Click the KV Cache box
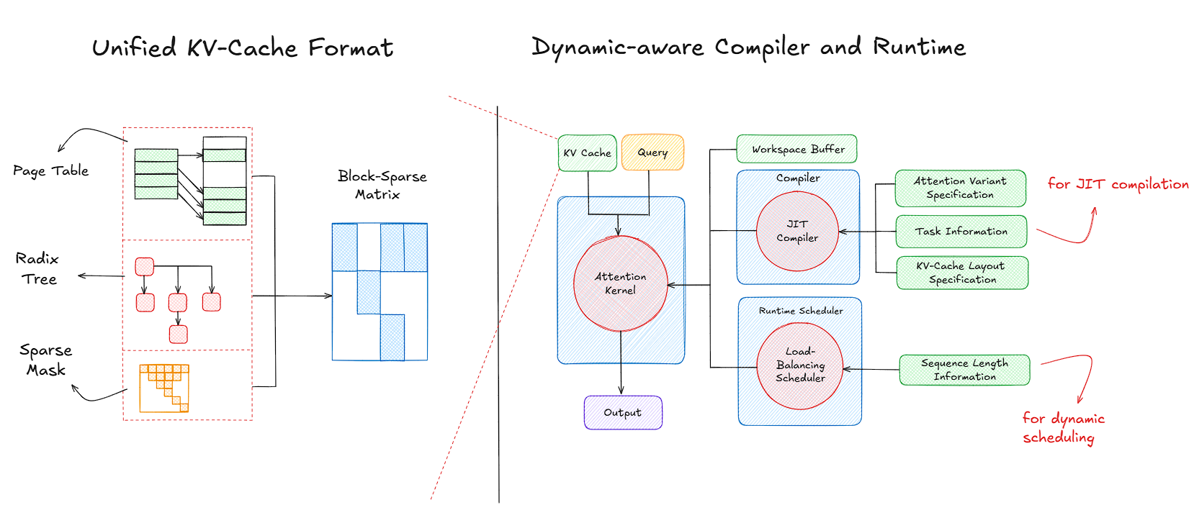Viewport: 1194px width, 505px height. [587, 153]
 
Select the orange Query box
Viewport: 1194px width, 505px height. [652, 153]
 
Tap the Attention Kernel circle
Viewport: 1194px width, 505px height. [620, 283]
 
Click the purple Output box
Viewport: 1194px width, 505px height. [623, 413]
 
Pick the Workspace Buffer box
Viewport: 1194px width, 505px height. [797, 149]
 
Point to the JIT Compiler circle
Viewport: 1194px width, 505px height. [797, 231]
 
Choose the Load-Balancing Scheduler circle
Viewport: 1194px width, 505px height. [800, 365]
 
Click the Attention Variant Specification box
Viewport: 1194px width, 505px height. [960, 188]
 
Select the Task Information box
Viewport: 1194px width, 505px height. [961, 232]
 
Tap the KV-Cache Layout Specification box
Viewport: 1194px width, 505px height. [961, 273]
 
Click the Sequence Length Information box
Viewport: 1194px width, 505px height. [964, 370]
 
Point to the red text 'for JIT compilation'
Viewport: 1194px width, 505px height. [1118, 184]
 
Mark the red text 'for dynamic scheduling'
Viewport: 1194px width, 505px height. [1062, 428]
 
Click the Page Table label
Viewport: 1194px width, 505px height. [50, 170]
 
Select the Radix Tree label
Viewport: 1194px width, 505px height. [37, 268]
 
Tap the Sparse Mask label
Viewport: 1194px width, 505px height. [46, 360]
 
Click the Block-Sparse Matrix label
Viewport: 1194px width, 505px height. [381, 185]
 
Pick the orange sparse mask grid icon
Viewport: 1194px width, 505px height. [164, 388]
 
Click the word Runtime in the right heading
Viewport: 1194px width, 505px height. [919, 47]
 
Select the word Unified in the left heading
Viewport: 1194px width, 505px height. [134, 48]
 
